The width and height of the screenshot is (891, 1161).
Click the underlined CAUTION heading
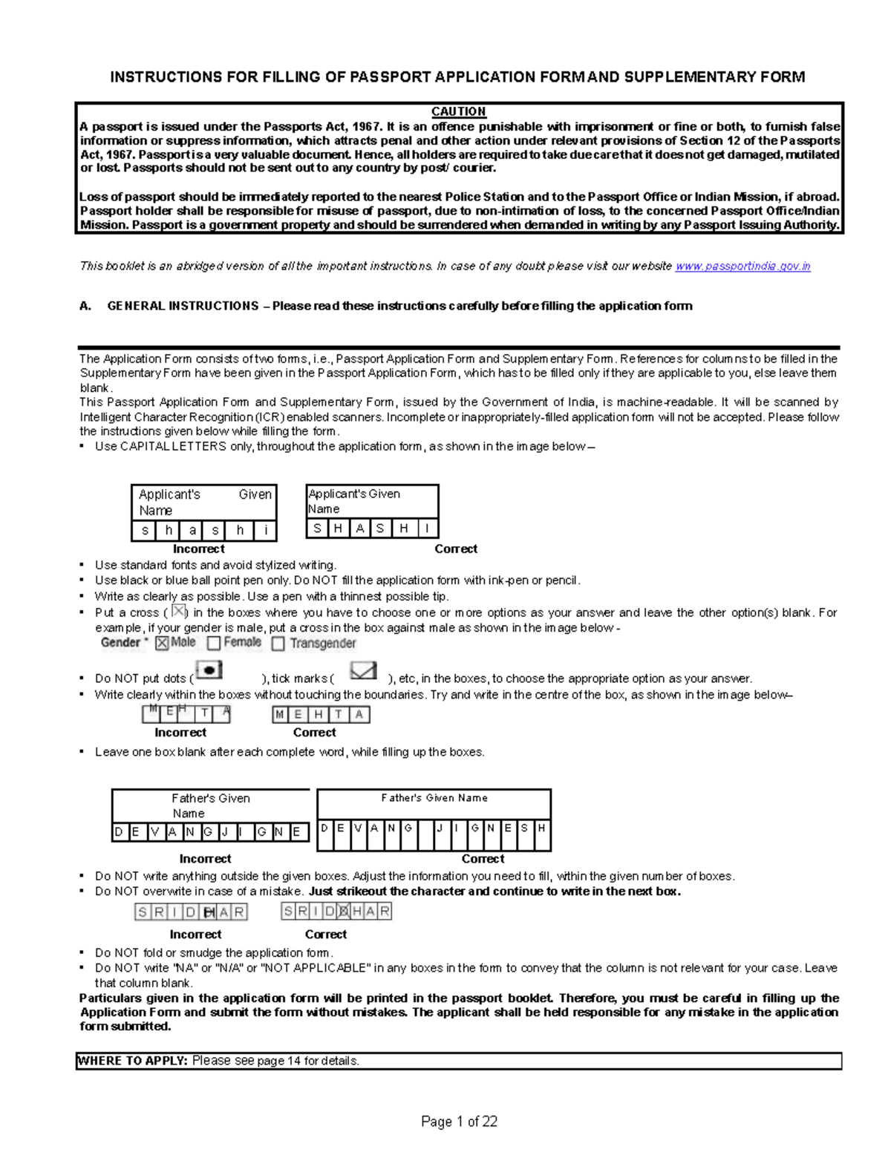[x=458, y=111]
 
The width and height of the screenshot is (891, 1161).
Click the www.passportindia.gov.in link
[x=742, y=266]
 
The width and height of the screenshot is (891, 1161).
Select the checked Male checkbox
[x=162, y=644]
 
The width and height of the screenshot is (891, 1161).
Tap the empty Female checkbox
[x=214, y=643]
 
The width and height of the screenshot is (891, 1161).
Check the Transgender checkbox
[x=278, y=644]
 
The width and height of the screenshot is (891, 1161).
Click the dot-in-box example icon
[x=209, y=670]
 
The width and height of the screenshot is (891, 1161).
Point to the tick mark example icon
[x=363, y=671]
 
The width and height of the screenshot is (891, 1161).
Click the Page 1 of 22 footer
[x=459, y=1122]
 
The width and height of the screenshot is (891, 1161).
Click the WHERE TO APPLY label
[x=132, y=1061]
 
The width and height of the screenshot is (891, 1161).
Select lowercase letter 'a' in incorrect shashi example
[x=192, y=531]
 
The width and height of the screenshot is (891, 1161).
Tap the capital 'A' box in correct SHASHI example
[x=360, y=529]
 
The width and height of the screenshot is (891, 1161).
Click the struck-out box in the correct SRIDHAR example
[x=343, y=911]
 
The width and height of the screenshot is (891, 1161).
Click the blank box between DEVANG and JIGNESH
[x=424, y=828]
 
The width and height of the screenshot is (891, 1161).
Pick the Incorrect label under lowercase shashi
[x=198, y=549]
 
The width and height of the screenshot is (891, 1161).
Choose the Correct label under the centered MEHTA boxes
[x=314, y=732]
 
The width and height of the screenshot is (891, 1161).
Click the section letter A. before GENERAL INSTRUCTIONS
[x=85, y=306]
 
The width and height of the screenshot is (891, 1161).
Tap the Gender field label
[x=121, y=643]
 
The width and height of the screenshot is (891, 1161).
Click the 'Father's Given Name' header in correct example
[x=434, y=798]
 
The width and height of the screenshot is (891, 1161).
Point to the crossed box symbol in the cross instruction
[x=178, y=612]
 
